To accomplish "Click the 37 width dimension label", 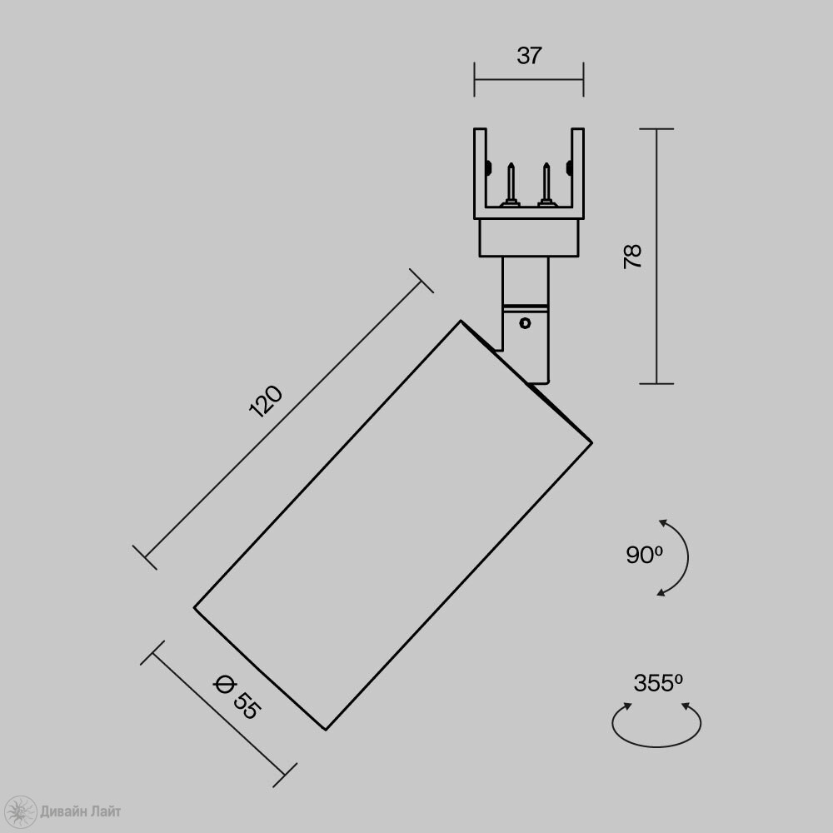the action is [x=529, y=56].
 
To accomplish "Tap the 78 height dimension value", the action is [x=633, y=257].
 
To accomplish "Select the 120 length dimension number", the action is [x=266, y=402].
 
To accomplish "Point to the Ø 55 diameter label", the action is [x=237, y=696].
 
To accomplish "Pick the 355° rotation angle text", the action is [x=658, y=683].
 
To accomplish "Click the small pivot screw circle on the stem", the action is [x=526, y=323].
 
